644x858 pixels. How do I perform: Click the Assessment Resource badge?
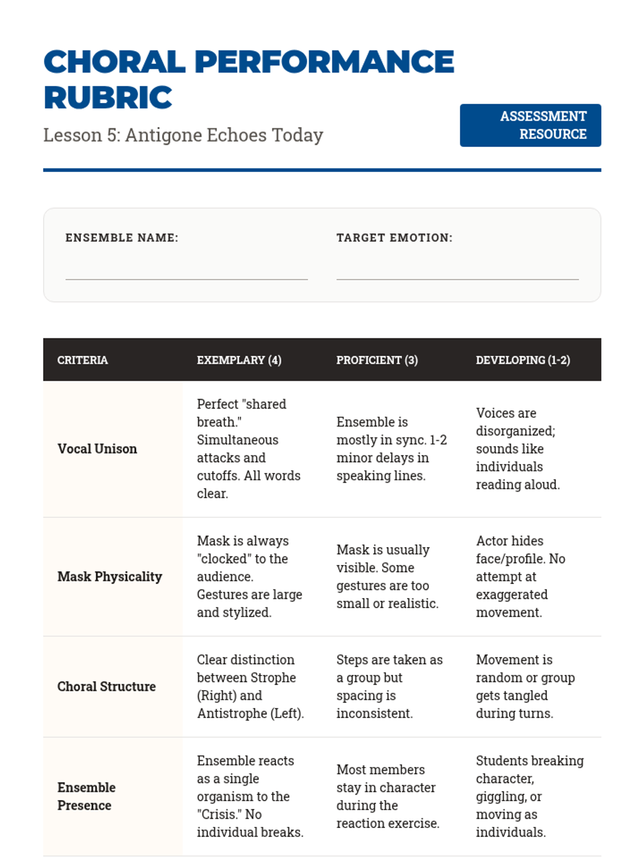(530, 125)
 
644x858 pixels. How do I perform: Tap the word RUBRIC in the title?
(108, 98)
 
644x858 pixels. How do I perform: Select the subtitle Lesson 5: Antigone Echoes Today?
(183, 135)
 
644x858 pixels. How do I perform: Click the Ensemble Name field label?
(122, 238)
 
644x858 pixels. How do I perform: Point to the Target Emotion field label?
(394, 238)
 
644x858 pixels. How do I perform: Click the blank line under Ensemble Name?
(186, 273)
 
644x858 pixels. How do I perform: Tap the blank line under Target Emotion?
(457, 273)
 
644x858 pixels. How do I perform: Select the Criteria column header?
(83, 360)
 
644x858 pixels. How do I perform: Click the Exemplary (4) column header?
(239, 360)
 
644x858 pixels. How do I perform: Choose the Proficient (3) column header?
(377, 360)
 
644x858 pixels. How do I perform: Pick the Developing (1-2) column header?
(523, 360)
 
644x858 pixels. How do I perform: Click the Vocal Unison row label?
(97, 449)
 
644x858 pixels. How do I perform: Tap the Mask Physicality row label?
(109, 576)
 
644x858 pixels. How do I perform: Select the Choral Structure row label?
(106, 686)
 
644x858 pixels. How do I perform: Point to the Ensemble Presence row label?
(86, 796)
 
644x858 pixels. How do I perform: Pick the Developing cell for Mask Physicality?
(520, 576)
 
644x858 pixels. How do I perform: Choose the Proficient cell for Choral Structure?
(389, 686)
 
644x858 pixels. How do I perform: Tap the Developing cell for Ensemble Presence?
(529, 796)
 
